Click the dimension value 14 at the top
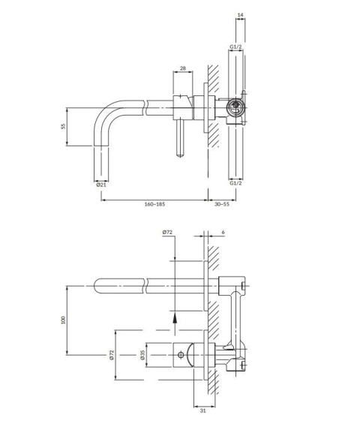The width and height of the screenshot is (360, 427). point(240,15)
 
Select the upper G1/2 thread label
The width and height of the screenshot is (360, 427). point(235,47)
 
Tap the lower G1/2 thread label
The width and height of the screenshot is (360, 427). point(235,183)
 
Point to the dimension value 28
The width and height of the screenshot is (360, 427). point(183,68)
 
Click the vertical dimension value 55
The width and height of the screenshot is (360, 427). point(64,126)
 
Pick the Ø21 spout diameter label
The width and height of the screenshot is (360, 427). point(101,185)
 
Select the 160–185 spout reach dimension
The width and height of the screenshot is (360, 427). point(154,204)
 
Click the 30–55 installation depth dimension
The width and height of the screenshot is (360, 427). point(222,204)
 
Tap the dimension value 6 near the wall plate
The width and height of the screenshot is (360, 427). point(223,233)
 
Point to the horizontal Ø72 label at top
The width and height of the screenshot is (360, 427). point(167,233)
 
